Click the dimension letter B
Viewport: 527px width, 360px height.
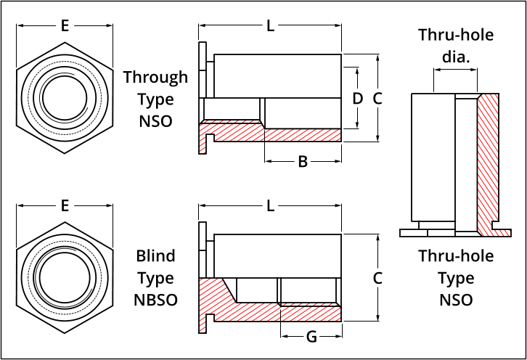point(303,161)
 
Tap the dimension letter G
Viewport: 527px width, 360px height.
point(311,336)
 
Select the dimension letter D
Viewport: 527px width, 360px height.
point(357,98)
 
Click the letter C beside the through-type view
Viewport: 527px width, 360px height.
point(377,98)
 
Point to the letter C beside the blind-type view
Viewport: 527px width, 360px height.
point(377,277)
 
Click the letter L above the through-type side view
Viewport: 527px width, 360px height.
point(270,26)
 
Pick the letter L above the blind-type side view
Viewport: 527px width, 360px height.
point(270,205)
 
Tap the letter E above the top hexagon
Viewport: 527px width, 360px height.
point(65,26)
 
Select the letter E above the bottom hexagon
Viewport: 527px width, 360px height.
point(65,205)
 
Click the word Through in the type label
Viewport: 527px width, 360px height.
point(155,77)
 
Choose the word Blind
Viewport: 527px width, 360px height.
point(155,256)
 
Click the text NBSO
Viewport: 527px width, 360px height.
point(155,300)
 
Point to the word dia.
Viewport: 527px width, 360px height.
point(455,56)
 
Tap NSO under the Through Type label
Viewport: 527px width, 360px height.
point(155,120)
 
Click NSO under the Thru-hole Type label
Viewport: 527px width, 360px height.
point(456,300)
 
